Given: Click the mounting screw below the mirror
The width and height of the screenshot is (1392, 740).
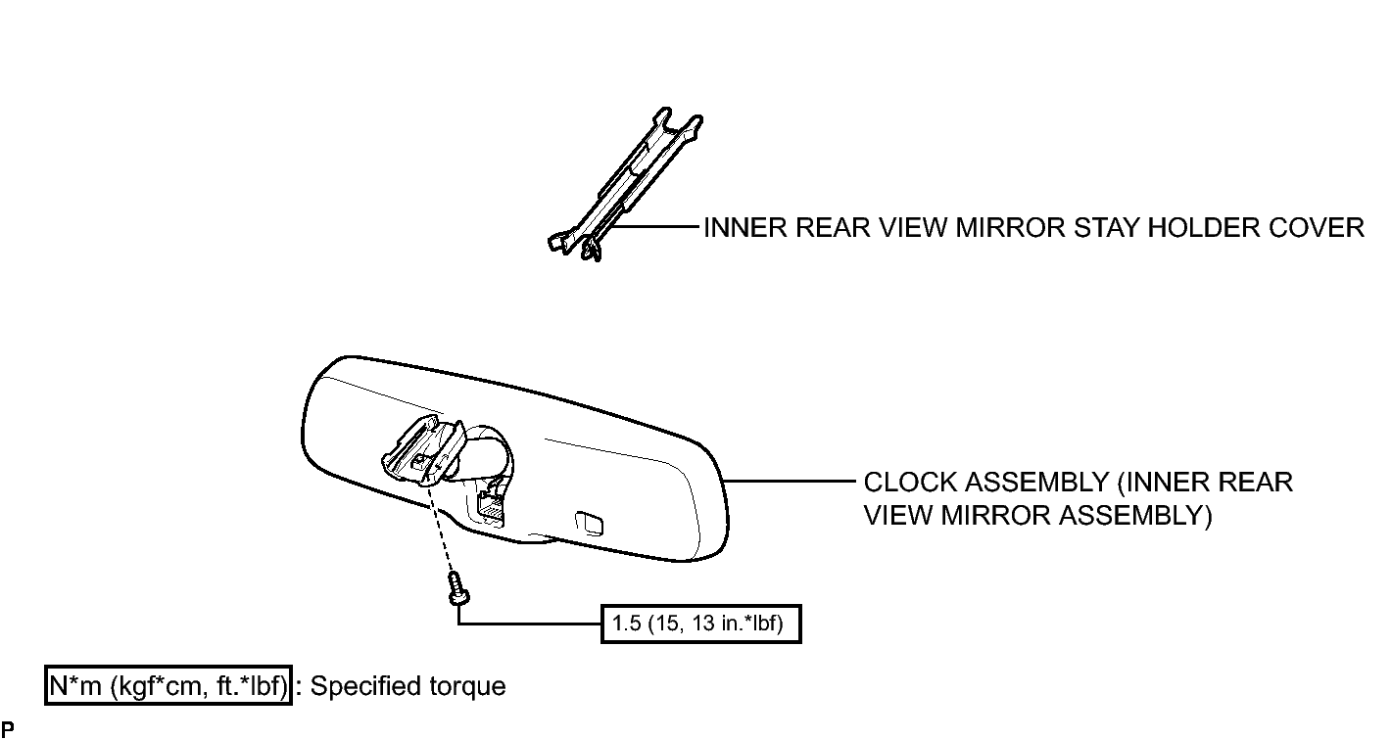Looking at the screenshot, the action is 458,588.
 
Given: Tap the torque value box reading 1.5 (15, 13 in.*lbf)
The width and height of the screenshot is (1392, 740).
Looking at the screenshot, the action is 701,624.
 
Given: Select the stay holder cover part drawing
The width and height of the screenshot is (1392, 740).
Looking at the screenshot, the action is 625,184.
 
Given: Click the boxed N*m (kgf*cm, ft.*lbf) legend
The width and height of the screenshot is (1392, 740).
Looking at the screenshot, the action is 168,686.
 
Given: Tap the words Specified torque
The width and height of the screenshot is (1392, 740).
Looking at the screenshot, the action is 408,686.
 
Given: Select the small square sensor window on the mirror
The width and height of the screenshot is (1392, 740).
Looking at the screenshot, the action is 589,524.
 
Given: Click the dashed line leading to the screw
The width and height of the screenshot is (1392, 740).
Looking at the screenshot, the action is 443,529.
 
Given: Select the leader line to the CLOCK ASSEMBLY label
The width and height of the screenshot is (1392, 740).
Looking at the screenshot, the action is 791,481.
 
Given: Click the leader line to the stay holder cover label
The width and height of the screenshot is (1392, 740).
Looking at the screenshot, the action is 652,227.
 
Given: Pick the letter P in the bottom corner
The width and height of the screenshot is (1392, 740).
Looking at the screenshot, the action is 8,729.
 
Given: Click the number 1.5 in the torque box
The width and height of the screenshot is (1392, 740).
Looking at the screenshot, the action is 626,623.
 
